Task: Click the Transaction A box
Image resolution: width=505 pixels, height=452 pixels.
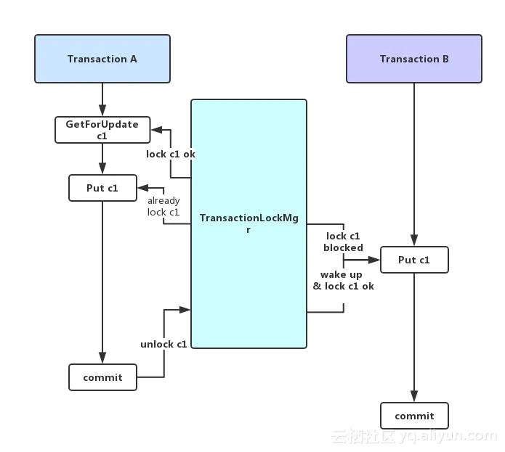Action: [x=102, y=59]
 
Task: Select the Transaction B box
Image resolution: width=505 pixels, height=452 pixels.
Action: [x=414, y=59]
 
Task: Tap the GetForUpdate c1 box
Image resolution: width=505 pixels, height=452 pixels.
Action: [x=102, y=130]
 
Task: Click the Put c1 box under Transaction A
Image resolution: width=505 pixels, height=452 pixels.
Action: [x=102, y=188]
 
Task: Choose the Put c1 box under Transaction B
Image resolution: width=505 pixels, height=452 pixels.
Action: [x=414, y=260]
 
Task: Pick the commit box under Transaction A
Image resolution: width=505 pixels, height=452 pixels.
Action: [x=102, y=377]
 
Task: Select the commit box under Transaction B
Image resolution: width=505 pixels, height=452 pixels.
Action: [x=414, y=416]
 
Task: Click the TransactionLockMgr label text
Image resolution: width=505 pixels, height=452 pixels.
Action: [x=249, y=223]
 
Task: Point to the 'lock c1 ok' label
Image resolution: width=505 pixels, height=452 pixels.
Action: [x=171, y=155]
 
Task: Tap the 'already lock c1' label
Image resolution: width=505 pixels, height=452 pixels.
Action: [x=163, y=206]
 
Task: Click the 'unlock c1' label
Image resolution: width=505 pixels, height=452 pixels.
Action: [x=163, y=345]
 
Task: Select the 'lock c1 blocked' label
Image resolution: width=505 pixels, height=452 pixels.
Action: [x=343, y=242]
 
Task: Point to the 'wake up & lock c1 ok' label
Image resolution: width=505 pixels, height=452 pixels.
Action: [x=343, y=280]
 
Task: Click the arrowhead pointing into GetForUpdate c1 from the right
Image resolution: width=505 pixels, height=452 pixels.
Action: [x=156, y=130]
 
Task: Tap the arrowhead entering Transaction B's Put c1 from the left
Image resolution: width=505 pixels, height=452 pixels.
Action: [x=374, y=260]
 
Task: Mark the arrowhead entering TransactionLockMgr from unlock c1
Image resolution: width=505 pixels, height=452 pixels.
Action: [x=185, y=310]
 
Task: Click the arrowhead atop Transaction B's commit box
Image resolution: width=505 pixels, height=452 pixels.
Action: [x=414, y=396]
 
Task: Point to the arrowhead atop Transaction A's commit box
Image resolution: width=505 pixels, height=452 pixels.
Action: [x=102, y=358]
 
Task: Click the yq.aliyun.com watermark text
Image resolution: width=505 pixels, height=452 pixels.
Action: [x=448, y=436]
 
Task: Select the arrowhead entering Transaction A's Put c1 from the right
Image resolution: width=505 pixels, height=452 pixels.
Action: [x=143, y=188]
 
